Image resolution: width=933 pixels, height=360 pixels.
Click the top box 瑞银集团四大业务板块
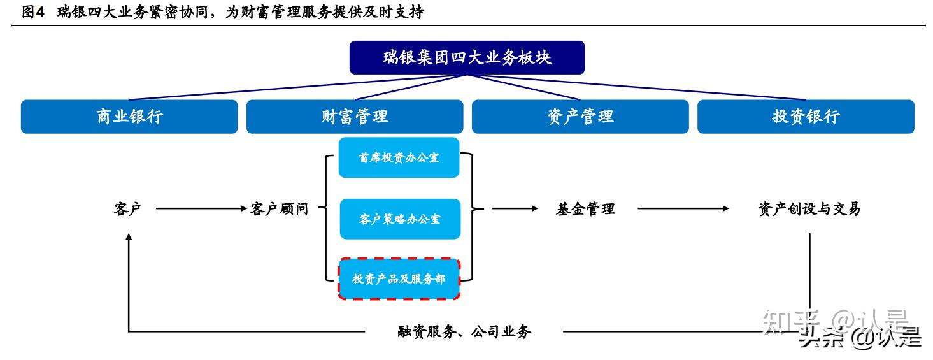click(x=467, y=57)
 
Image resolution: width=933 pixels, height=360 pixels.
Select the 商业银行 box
click(x=129, y=117)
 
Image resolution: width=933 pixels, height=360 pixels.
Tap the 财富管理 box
click(x=355, y=117)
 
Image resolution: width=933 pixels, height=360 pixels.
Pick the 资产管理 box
click(x=580, y=117)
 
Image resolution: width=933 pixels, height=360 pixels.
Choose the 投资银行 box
click(x=806, y=117)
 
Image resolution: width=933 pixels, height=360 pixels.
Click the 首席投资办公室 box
click(x=399, y=157)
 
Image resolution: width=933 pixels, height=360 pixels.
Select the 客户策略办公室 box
click(x=399, y=219)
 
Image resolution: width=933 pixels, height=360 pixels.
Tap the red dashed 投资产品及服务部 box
click(x=399, y=279)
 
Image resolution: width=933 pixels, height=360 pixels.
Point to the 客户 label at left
click(x=127, y=208)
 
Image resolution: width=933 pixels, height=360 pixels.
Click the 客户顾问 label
click(x=279, y=208)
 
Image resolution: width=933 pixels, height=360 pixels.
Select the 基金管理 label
click(x=585, y=208)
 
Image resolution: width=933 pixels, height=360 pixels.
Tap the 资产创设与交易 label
click(x=809, y=208)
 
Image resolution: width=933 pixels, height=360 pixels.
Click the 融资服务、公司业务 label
click(x=464, y=331)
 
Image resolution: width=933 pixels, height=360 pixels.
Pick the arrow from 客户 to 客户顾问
click(x=201, y=208)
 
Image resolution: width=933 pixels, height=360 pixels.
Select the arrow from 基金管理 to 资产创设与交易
click(x=683, y=208)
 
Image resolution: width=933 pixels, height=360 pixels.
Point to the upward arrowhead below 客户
click(x=129, y=238)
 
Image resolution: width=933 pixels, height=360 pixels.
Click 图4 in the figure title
click(x=33, y=12)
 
